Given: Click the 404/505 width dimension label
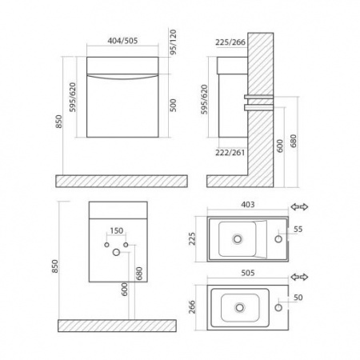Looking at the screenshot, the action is [122, 41].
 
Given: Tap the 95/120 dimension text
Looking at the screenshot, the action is [174, 42].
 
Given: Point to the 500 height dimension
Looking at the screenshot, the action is [174, 106].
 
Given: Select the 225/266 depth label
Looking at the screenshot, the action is [230, 42].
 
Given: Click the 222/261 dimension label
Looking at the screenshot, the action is [230, 153].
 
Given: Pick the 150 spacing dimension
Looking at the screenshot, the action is [117, 230].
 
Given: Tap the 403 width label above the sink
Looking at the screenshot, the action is [248, 205].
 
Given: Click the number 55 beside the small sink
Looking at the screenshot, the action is [298, 230].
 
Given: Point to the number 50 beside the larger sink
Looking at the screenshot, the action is [298, 298].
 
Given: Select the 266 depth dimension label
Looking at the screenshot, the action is [192, 307].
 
